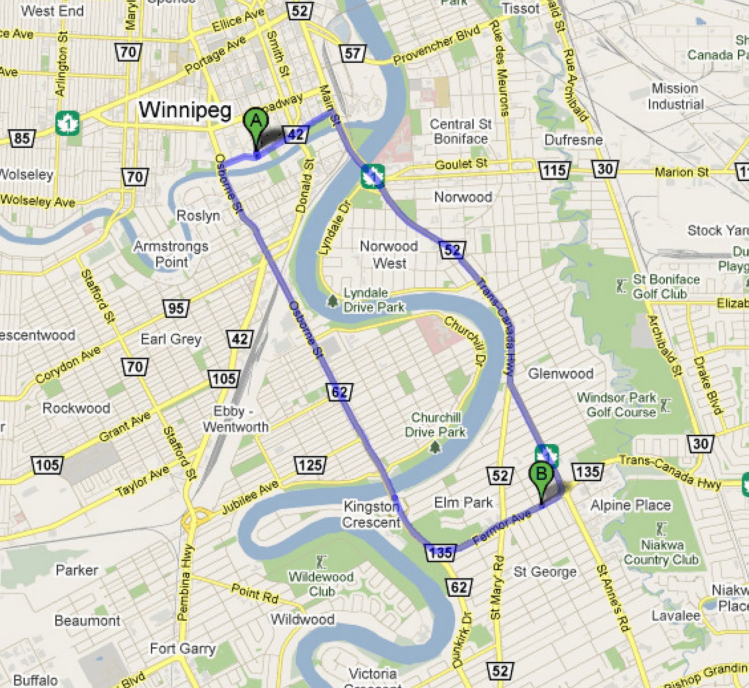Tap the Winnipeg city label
(x=185, y=110)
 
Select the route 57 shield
(x=352, y=53)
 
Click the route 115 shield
(x=554, y=169)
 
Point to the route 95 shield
(x=176, y=307)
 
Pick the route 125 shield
(x=309, y=465)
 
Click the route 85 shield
(x=22, y=138)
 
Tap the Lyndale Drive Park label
(x=374, y=300)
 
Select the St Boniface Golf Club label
(x=666, y=286)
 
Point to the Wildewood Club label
(x=321, y=583)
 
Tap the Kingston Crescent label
(x=371, y=513)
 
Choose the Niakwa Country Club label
(x=661, y=552)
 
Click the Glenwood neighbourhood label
(x=560, y=373)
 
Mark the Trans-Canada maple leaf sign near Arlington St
(x=67, y=123)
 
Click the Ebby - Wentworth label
(x=235, y=418)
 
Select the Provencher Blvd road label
(x=436, y=45)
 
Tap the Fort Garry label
(x=183, y=648)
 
